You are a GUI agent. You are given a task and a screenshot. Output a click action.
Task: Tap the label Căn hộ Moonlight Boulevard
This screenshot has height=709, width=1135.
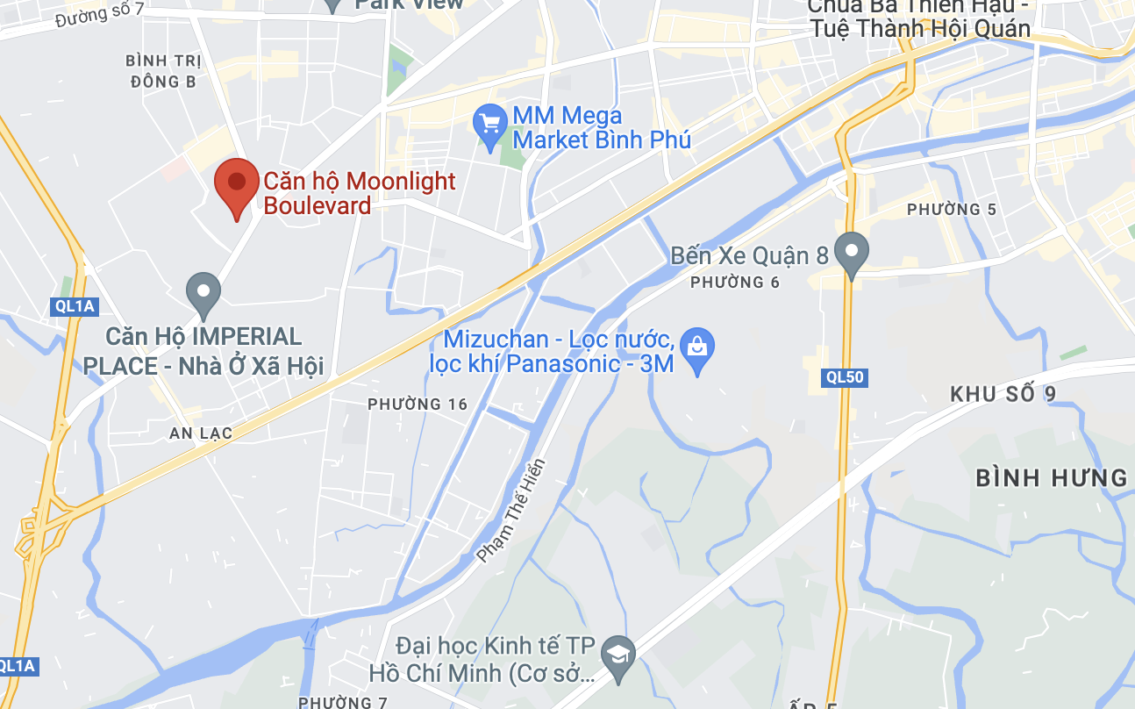point(360,193)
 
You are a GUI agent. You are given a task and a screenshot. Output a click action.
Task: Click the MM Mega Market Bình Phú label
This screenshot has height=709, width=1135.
point(602,127)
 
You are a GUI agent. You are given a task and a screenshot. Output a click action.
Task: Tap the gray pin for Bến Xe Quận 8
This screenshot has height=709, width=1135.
point(850,252)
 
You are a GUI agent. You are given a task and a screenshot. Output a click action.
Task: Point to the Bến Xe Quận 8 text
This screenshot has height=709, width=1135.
point(749,255)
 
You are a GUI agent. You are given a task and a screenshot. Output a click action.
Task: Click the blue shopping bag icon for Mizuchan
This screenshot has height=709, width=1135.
point(697,348)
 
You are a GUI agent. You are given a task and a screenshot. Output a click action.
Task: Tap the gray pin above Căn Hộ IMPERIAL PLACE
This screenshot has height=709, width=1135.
point(203,292)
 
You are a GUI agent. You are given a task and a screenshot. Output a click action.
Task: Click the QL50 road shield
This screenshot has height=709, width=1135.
point(845,378)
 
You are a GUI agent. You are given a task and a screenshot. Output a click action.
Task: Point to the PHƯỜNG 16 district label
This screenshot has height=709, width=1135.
point(418,405)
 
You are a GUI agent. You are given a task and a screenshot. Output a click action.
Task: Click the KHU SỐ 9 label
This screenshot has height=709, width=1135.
point(1003,394)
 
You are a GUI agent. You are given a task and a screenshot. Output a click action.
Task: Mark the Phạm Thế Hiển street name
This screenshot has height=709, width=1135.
point(511,511)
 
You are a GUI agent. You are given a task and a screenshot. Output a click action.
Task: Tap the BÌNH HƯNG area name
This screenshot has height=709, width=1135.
point(1051,478)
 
